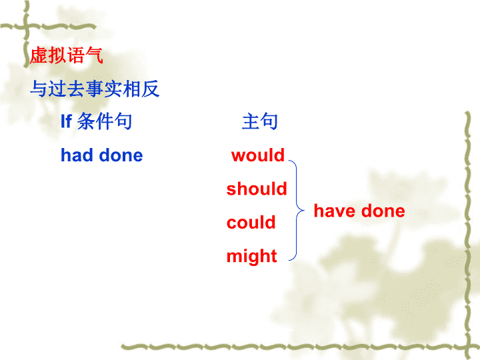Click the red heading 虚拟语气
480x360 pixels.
[x=67, y=55]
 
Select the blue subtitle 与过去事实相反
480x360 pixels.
[x=95, y=89]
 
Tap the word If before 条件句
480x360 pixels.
[x=66, y=121]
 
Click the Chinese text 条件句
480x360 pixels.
[x=105, y=121]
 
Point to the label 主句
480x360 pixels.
[x=259, y=121]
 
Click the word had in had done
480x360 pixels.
[x=77, y=155]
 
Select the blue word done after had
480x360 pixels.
[x=121, y=155]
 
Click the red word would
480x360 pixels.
[x=258, y=155]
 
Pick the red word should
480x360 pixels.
[x=257, y=188]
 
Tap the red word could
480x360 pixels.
[x=251, y=222]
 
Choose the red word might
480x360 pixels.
[x=251, y=256]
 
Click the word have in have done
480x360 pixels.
[x=335, y=211]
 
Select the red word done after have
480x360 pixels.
[x=383, y=211]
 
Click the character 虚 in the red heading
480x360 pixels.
[x=39, y=55]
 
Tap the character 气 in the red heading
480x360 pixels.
[x=94, y=55]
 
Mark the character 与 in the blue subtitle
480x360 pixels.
[x=39, y=89]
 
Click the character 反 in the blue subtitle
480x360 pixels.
[x=150, y=89]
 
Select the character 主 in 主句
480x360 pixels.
[x=251, y=121]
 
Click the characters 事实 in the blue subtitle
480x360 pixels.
[x=104, y=89]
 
